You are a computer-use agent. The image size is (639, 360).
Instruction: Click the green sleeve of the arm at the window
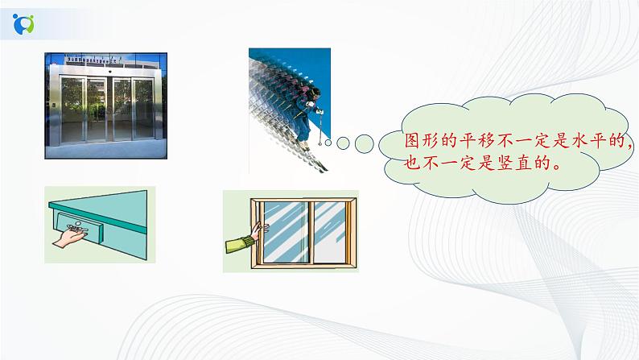(x=238, y=241)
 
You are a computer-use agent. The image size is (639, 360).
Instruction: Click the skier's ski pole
(x=322, y=130)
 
